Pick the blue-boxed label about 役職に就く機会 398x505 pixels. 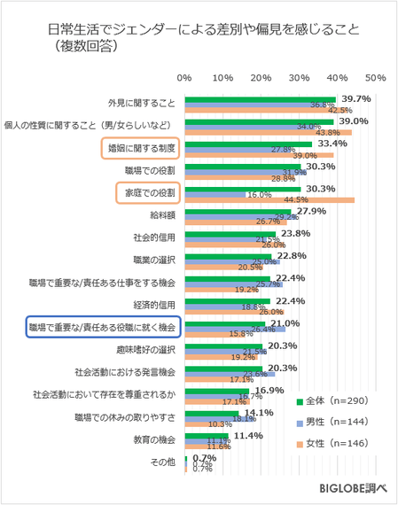click(103, 327)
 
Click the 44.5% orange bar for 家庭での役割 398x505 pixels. click(269, 199)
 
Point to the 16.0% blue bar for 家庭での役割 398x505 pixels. click(215, 193)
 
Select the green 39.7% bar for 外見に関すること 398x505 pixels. click(260, 99)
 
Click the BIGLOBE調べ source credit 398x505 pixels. click(354, 488)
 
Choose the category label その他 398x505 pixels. click(166, 462)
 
